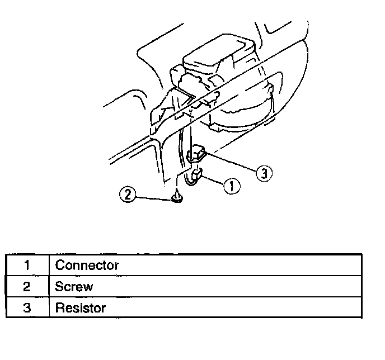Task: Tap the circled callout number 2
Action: [x=128, y=195]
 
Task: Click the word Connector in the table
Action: [x=87, y=265]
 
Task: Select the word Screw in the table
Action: [x=74, y=287]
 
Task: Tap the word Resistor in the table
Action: [x=80, y=308]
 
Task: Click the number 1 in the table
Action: [x=27, y=265]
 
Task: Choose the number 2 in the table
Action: [x=27, y=287]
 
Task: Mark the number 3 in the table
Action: [x=27, y=308]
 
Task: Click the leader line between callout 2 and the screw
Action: [x=154, y=196]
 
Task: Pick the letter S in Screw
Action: [x=59, y=287]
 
